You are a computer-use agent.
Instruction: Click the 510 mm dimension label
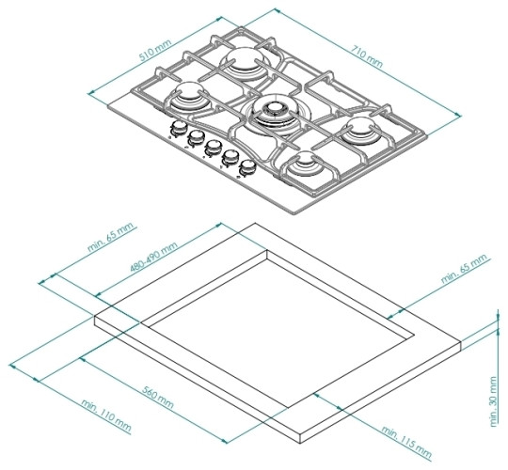(155, 50)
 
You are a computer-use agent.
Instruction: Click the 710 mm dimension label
(367, 57)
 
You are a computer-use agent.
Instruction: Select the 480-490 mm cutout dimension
(154, 257)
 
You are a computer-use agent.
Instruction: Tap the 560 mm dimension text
(158, 397)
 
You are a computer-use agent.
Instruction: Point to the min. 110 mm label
(106, 415)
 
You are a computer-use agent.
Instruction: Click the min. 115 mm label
(406, 442)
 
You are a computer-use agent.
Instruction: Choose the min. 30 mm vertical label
(493, 401)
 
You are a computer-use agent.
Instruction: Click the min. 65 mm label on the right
(464, 269)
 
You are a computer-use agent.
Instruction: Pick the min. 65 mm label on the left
(111, 237)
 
